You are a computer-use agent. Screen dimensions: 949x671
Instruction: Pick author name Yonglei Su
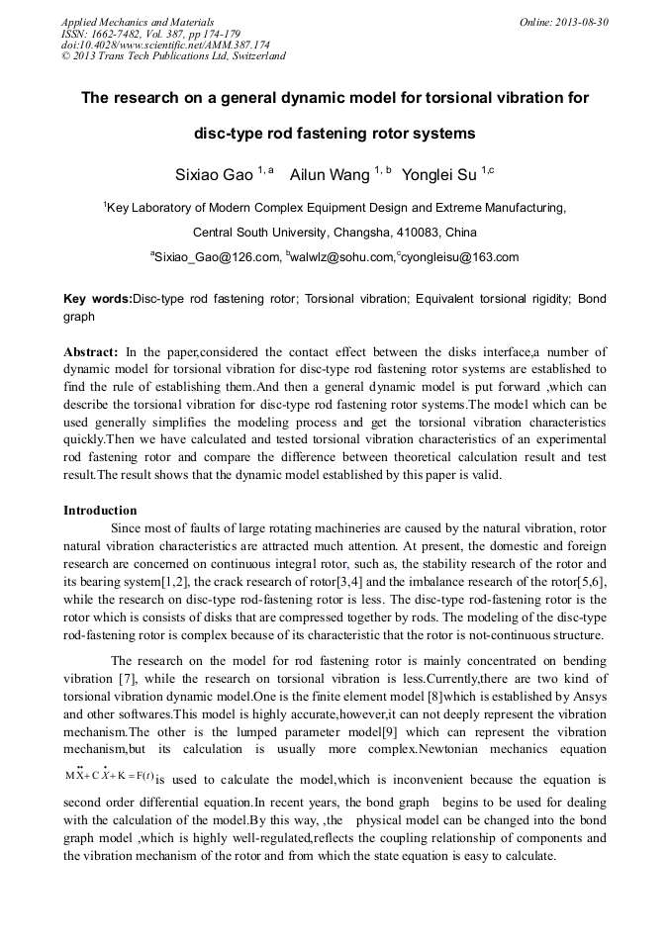pyautogui.click(x=440, y=174)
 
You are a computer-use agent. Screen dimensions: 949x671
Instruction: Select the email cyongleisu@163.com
pyautogui.click(x=459, y=257)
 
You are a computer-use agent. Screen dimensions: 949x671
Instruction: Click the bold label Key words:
pyautogui.click(x=97, y=298)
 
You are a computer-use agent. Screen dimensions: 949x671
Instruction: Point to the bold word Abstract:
pyautogui.click(x=91, y=352)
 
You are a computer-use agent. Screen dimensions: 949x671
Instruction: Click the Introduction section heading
pyautogui.click(x=100, y=511)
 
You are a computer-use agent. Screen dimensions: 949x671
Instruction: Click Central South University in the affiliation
pyautogui.click(x=259, y=233)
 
